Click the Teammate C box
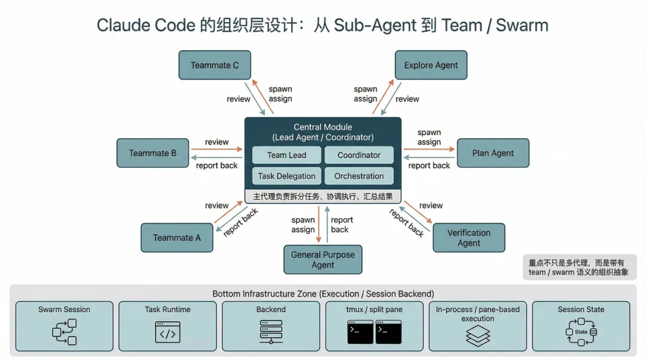[x=215, y=65]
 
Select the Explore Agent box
[x=431, y=65]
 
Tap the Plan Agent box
[x=493, y=153]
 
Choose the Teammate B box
[x=153, y=153]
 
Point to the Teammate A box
[x=176, y=237]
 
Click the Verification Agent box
[x=468, y=237]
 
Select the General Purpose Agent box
[x=323, y=260]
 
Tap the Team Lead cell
[x=287, y=155]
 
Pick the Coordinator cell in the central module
[x=359, y=155]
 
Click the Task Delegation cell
[x=287, y=176]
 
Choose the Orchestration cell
[x=359, y=176]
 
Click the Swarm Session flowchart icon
[x=64, y=332]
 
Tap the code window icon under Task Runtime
[x=167, y=332]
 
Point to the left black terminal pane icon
[x=360, y=332]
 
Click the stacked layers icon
[x=477, y=335]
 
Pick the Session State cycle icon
[x=581, y=332]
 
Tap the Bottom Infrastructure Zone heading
[x=323, y=294]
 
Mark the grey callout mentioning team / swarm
[x=579, y=267]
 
